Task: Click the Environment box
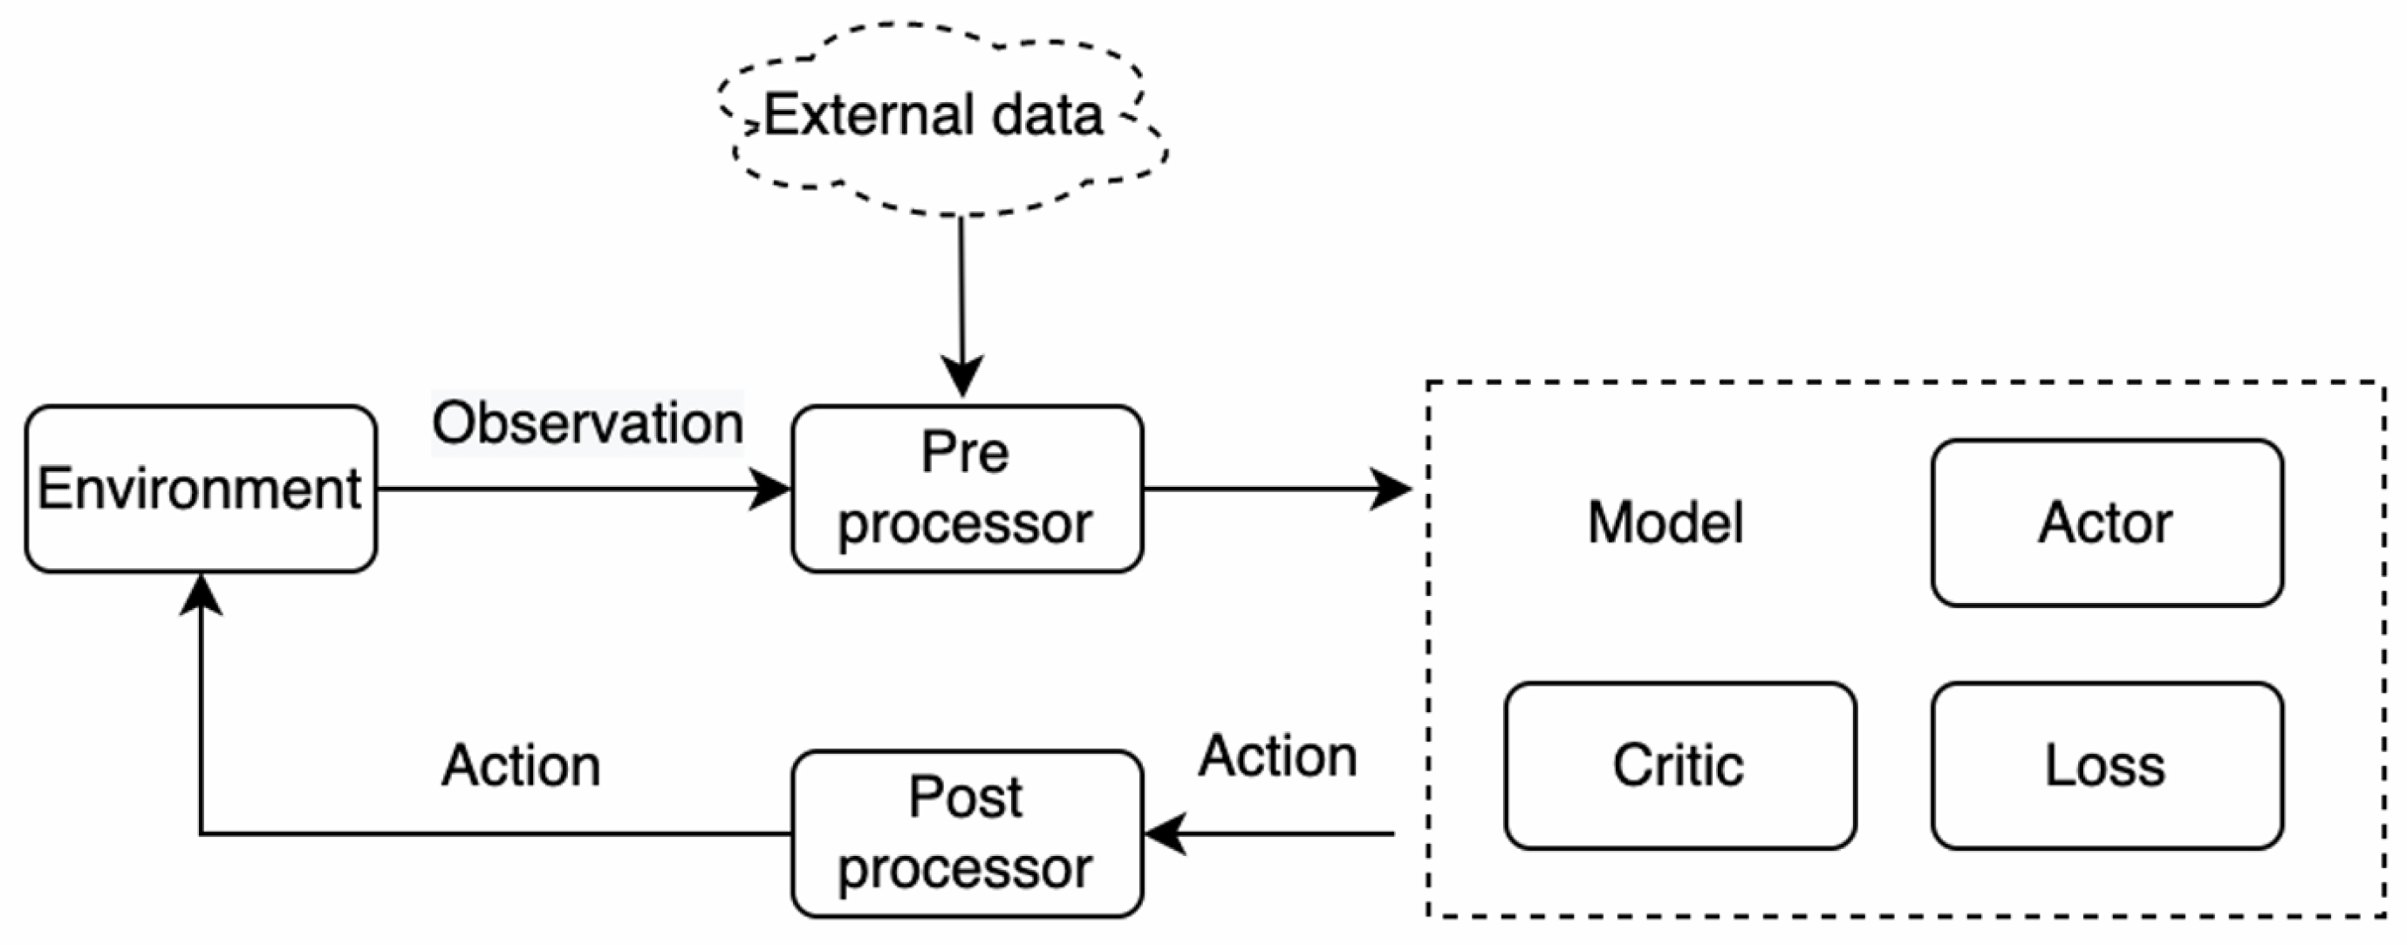coord(200,488)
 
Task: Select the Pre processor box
coord(966,488)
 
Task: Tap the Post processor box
coord(966,832)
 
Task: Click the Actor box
coord(2106,523)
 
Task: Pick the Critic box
coord(1679,765)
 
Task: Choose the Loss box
coord(2106,765)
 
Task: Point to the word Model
coord(1665,523)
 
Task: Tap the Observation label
coord(587,423)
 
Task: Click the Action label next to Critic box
coord(1277,757)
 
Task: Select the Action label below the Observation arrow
coord(521,766)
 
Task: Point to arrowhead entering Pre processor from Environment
coord(771,489)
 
